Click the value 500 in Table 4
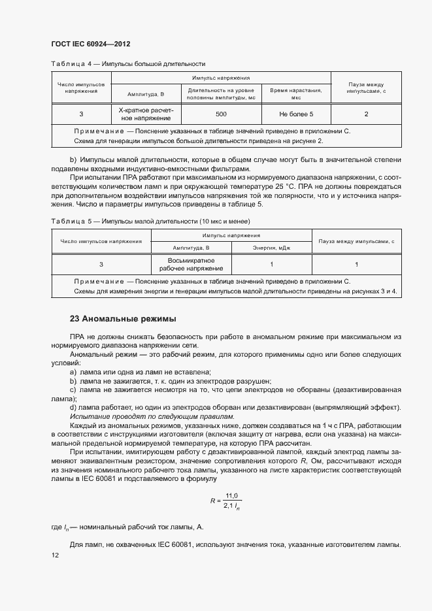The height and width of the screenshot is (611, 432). (x=221, y=114)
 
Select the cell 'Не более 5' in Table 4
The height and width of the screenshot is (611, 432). (x=296, y=114)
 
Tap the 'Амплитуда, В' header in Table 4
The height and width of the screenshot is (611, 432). (x=146, y=93)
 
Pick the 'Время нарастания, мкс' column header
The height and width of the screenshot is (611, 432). (x=296, y=93)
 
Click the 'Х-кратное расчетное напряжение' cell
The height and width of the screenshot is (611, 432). (x=146, y=114)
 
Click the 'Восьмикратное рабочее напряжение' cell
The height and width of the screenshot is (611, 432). (x=182, y=264)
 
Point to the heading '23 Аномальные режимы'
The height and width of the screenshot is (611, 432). (x=123, y=319)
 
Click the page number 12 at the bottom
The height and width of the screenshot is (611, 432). (x=55, y=555)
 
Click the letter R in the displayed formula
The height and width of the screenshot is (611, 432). (x=212, y=501)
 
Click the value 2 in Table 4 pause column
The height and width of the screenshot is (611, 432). (x=366, y=114)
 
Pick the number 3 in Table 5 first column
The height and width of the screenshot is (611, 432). (x=101, y=264)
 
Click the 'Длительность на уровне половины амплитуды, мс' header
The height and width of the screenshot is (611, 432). (x=221, y=93)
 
